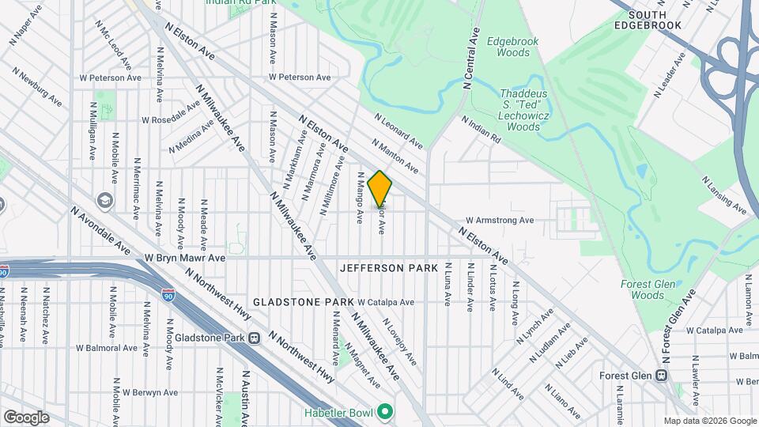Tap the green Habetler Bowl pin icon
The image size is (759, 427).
coord(384,412)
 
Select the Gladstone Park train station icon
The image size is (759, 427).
coord(255,338)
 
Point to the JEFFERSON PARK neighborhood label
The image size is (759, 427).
coord(389,269)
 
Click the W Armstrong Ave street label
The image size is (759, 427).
coord(500,221)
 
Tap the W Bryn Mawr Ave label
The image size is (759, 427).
coord(185,258)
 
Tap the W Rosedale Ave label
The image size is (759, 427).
coord(171,120)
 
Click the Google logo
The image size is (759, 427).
coord(26,418)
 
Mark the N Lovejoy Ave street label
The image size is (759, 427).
coord(399,342)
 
